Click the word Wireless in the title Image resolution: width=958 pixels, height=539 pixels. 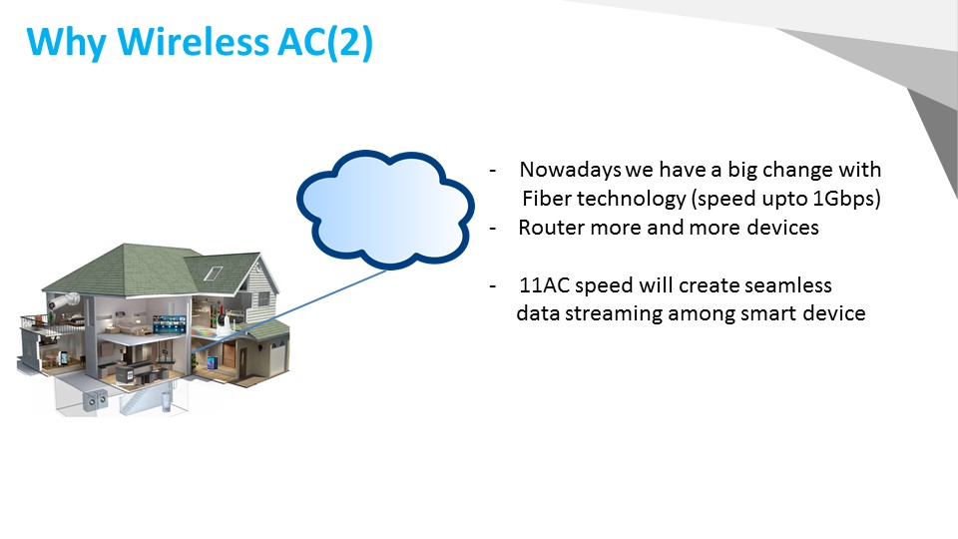[193, 42]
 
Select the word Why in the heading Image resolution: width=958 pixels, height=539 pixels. [66, 44]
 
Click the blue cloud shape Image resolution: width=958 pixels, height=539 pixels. [385, 209]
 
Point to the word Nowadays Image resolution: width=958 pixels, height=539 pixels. [570, 170]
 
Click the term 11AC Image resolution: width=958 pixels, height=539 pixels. [544, 285]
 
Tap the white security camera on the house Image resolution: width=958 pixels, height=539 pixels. [64, 300]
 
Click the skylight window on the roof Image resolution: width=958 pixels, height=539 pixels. [213, 272]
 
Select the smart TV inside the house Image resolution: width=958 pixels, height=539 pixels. [170, 322]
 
